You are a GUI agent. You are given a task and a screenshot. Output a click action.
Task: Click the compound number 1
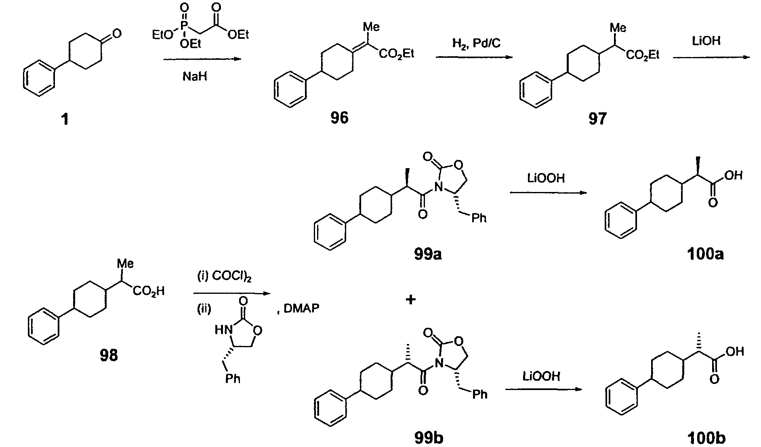(65, 120)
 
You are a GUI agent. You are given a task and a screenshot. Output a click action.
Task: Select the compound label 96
(339, 118)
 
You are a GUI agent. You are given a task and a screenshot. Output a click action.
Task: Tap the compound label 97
(597, 118)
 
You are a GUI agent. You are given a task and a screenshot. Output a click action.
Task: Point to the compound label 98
(109, 355)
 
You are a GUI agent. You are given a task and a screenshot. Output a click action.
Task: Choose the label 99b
(429, 438)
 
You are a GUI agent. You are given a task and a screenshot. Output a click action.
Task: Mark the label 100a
(705, 254)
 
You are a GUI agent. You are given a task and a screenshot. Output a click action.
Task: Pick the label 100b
(706, 438)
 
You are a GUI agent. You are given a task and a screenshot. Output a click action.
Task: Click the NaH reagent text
(195, 76)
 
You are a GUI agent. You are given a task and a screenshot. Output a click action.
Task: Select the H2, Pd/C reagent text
(476, 43)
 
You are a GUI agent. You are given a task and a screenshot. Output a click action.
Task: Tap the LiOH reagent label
(706, 41)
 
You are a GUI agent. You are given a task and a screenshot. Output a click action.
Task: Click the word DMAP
(301, 309)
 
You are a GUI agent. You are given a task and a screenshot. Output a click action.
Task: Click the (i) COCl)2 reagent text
(224, 278)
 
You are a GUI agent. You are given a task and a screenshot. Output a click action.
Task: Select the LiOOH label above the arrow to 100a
(546, 178)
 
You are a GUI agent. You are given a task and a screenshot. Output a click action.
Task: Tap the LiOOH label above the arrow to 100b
(541, 377)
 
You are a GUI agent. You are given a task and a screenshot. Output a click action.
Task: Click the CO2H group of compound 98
(149, 291)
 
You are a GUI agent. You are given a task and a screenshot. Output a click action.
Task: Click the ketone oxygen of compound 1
(116, 34)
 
